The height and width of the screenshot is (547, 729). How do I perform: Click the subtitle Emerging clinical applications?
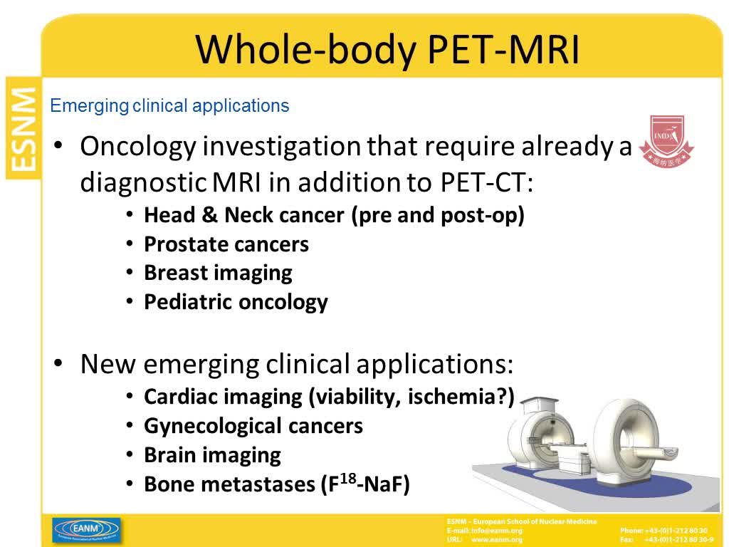coord(170,106)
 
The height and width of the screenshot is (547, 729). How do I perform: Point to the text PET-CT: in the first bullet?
coord(483,182)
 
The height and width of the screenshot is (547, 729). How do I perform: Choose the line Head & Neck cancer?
coord(333,214)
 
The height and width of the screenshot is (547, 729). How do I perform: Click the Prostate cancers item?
coord(226,244)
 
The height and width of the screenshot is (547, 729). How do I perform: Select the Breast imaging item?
coord(218,273)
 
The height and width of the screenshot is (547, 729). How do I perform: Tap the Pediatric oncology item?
coord(235,301)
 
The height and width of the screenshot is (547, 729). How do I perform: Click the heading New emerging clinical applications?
coord(296,364)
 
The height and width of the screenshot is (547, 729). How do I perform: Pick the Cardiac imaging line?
coord(328,397)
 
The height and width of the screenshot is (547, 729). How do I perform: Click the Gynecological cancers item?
coord(253,426)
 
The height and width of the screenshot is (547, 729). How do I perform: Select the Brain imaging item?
coord(212,454)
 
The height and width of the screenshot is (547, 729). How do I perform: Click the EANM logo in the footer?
coord(86,529)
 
